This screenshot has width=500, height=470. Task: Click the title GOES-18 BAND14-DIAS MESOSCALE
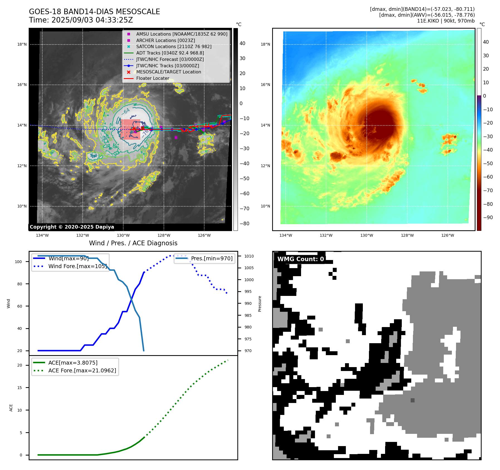pyautogui.click(x=94, y=12)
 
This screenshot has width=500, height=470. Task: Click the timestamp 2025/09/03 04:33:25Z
pyautogui.click(x=92, y=20)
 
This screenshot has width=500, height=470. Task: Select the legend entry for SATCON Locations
pyautogui.click(x=174, y=46)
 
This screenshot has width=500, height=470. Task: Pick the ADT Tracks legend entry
pyautogui.click(x=170, y=53)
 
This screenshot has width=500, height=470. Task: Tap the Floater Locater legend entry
pyautogui.click(x=152, y=78)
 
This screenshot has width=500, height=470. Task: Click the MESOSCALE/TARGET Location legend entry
pyautogui.click(x=168, y=72)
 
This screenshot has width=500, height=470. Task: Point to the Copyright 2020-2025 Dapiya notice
pyautogui.click(x=72, y=227)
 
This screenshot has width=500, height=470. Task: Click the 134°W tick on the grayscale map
pyautogui.click(x=42, y=235)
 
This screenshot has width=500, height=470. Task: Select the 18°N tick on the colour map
pyautogui.click(x=265, y=44)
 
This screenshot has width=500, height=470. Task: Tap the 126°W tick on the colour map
pyautogui.click(x=447, y=235)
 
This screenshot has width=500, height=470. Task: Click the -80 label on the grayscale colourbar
pyautogui.click(x=245, y=223)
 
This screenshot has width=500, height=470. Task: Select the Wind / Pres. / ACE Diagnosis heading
pyautogui.click(x=133, y=243)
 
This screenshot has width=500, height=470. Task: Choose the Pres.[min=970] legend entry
pyautogui.click(x=211, y=258)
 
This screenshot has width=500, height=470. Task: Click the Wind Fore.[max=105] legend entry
pyautogui.click(x=77, y=266)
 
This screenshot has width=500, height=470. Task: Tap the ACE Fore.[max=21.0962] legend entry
pyautogui.click(x=82, y=370)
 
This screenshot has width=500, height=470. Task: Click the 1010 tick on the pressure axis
pyautogui.click(x=249, y=256)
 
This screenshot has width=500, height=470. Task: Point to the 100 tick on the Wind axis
pyautogui.click(x=18, y=262)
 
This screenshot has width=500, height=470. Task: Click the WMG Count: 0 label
pyautogui.click(x=301, y=259)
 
